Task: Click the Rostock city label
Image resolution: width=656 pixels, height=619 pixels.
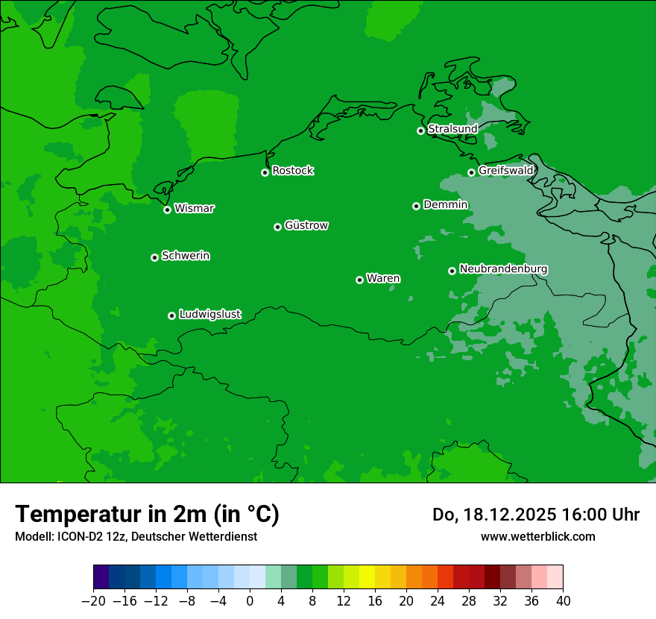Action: tap(292, 171)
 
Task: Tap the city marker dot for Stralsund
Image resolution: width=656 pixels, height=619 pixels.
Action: tap(420, 131)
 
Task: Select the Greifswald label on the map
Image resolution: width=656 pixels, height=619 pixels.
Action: tap(505, 171)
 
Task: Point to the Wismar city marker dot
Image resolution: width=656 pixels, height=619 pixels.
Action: tap(168, 210)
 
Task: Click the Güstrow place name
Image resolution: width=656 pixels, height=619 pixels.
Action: tap(306, 225)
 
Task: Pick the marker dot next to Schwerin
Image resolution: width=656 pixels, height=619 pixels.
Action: tap(155, 257)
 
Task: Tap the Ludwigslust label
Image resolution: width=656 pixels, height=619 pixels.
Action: tap(209, 315)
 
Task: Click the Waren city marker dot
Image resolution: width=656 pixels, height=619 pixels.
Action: tap(359, 280)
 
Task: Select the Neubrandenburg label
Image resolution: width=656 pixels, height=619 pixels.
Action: tap(503, 269)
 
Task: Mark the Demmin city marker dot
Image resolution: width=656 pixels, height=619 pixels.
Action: tap(416, 206)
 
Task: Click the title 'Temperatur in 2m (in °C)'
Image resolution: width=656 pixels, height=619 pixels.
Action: tap(147, 515)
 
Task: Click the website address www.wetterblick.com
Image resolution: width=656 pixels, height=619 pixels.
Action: tap(537, 536)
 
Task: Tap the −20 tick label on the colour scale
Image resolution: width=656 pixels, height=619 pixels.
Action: tap(93, 601)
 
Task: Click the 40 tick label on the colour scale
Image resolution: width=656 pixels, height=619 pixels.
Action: tap(563, 601)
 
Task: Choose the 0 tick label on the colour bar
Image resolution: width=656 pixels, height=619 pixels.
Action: tap(250, 601)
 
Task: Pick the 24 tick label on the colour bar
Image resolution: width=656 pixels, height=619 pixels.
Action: tap(438, 601)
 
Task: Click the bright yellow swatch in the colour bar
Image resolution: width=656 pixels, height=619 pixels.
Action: tap(367, 577)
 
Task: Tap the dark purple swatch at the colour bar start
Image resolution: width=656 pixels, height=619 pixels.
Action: tap(101, 577)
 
